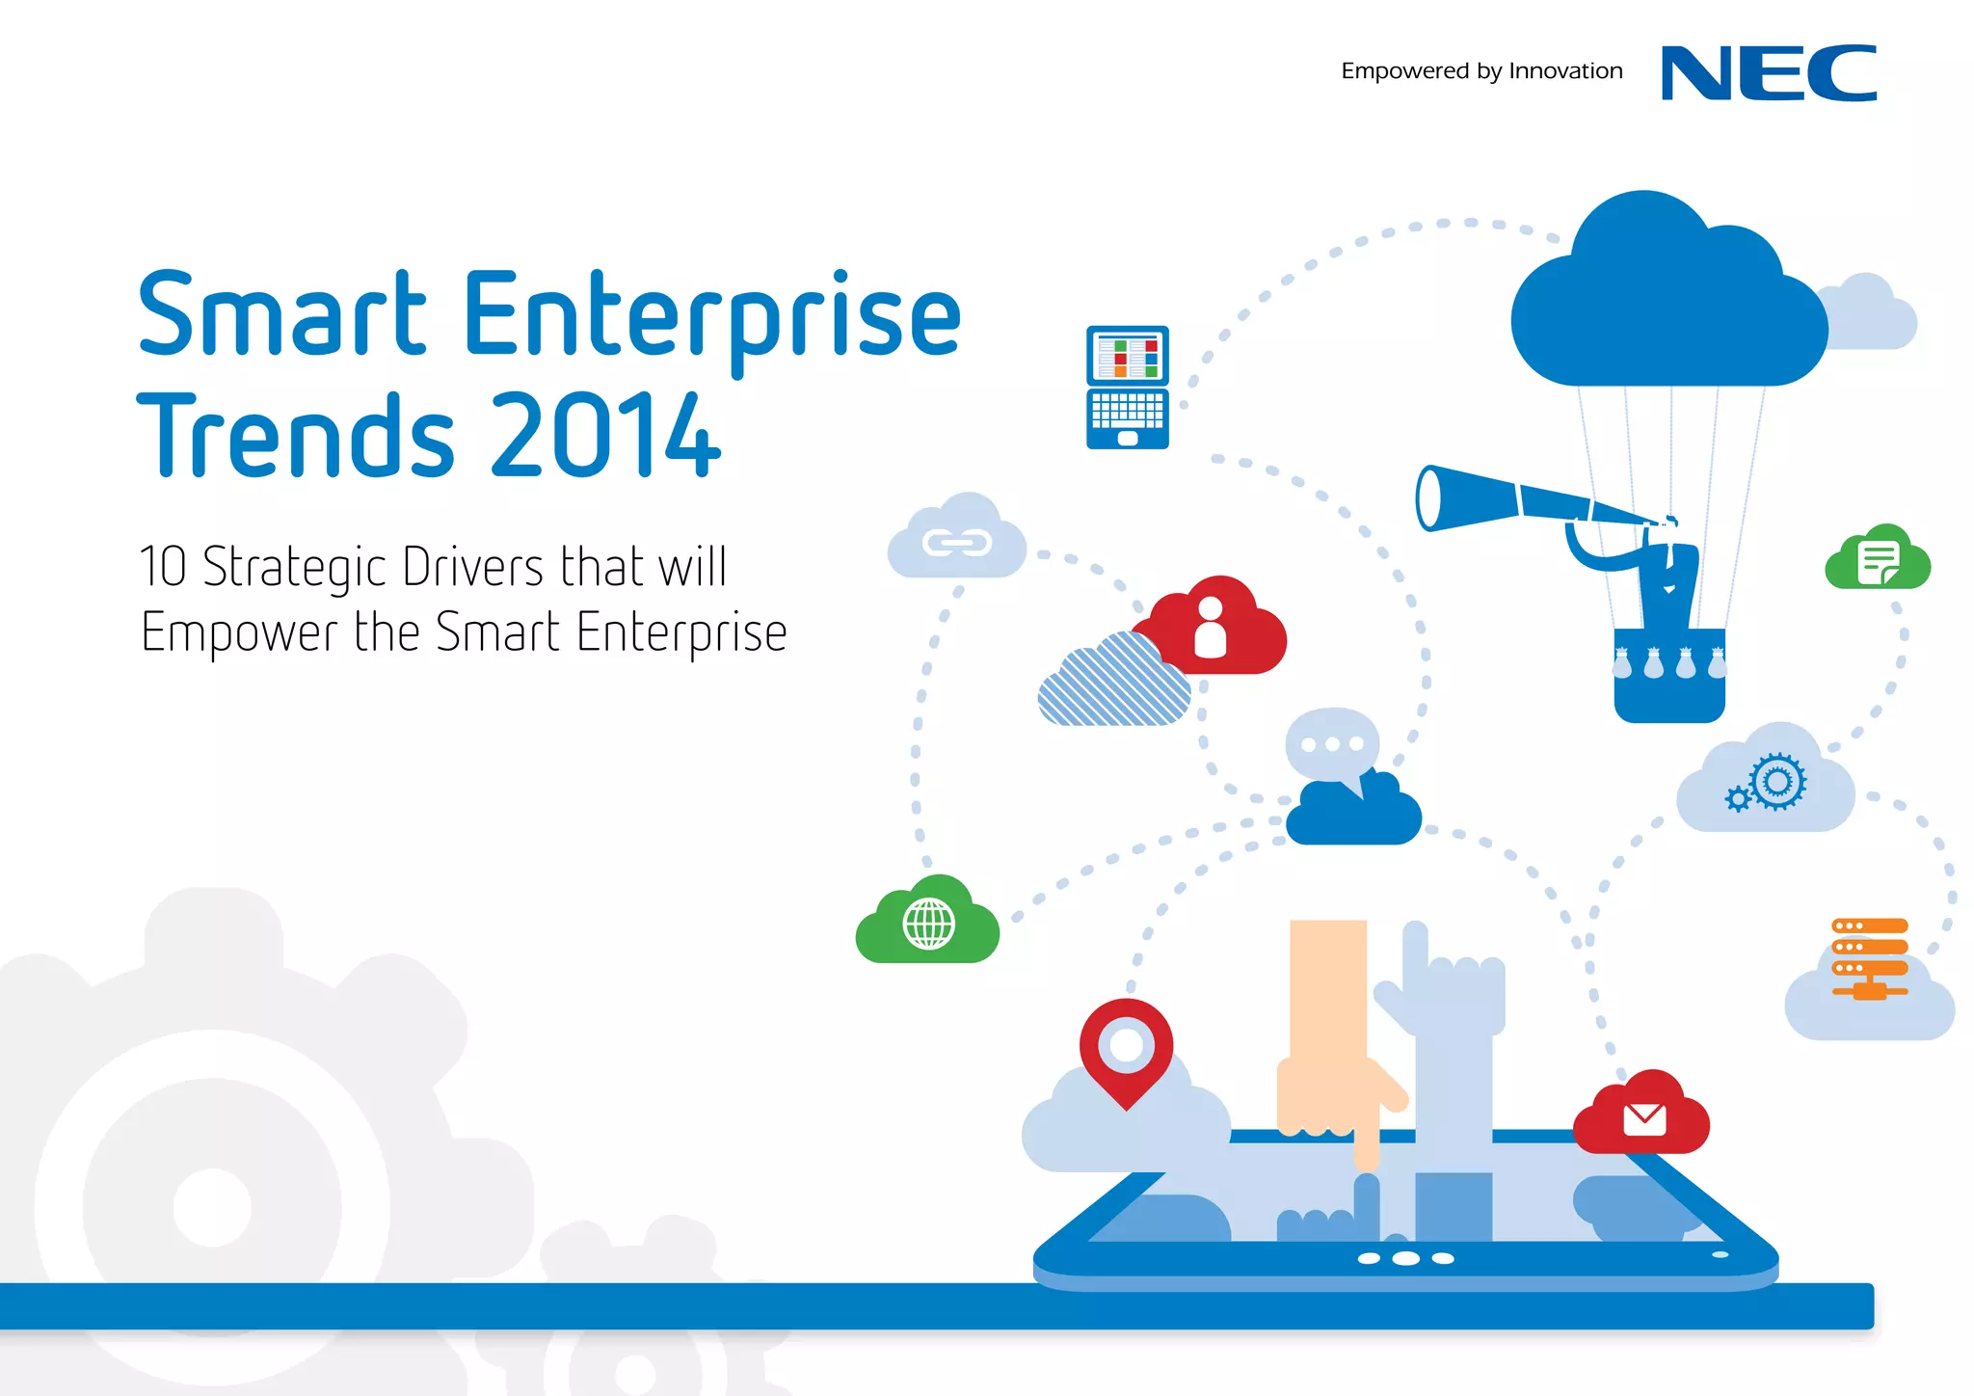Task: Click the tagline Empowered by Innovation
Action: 1481,71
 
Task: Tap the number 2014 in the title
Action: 605,436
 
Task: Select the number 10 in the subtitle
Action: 163,566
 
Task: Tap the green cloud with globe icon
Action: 928,923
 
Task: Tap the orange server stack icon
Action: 1869,956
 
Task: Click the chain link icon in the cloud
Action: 956,543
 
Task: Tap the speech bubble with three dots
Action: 1332,745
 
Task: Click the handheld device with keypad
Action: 1127,388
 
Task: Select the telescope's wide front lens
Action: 1428,498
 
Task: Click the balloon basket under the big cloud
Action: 1668,675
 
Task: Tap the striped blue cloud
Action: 1115,683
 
